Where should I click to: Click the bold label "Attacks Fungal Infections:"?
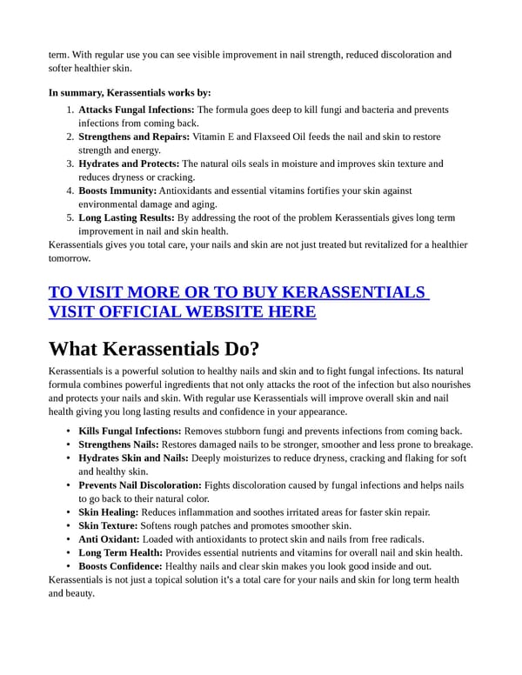click(x=137, y=110)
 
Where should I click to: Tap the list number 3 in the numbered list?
click(x=70, y=164)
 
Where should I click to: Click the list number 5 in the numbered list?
click(x=70, y=217)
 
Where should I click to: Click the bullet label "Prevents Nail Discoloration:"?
click(x=140, y=485)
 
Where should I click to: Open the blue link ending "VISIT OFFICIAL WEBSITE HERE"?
click(x=183, y=311)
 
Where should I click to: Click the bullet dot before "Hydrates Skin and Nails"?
click(x=69, y=458)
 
